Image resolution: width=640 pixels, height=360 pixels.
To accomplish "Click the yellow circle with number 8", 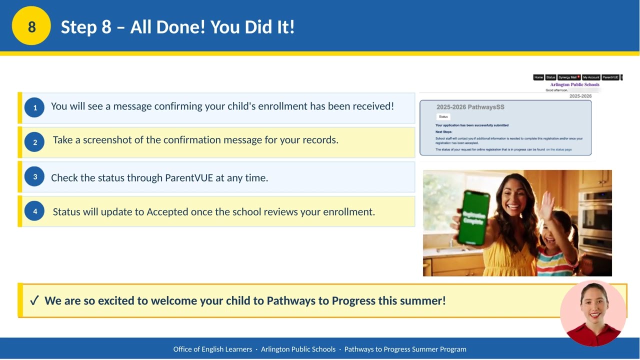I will tap(31, 26).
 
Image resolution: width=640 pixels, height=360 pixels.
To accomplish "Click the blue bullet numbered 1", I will tap(34, 107).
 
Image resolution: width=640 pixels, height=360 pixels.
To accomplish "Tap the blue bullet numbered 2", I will tap(34, 142).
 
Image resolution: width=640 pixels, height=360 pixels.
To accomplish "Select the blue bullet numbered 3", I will tap(34, 176).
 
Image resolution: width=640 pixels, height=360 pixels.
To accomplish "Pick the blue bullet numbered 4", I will tap(34, 211).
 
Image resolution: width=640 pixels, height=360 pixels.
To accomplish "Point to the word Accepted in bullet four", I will tap(167, 212).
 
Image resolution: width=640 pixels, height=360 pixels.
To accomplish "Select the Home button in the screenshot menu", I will tap(538, 77).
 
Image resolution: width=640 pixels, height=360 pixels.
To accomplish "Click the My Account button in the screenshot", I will tap(590, 77).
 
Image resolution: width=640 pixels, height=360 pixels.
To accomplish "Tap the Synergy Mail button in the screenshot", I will tap(568, 77).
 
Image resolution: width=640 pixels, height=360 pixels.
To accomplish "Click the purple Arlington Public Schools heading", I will tap(574, 84).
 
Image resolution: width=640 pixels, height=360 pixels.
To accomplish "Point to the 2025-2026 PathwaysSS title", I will tap(470, 107).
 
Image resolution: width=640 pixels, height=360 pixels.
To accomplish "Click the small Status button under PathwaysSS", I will tap(443, 116).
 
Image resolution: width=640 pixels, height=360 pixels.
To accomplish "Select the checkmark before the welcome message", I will tap(34, 300).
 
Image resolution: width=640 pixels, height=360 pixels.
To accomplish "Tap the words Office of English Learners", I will tap(212, 349).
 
